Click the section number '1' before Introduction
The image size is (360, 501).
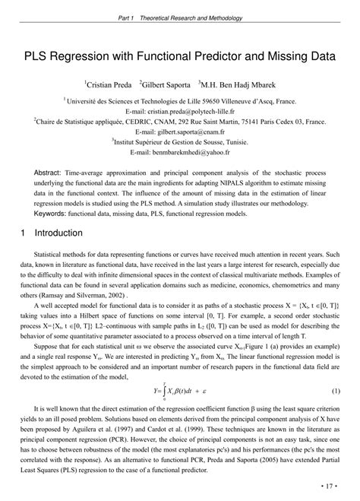click(25, 235)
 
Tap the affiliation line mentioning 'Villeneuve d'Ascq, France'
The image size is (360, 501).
click(180, 100)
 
